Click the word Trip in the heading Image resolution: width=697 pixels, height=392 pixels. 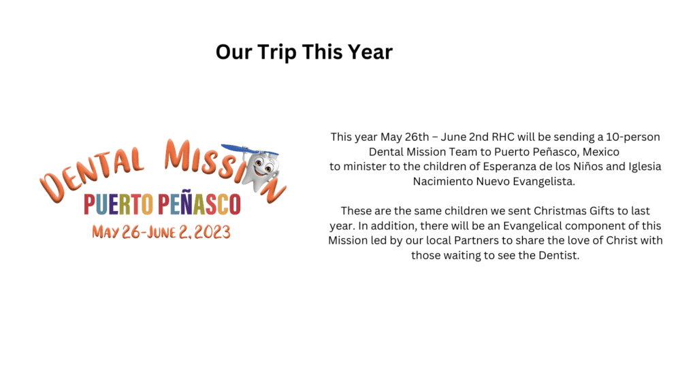click(x=277, y=52)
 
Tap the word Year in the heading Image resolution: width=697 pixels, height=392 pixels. click(x=370, y=52)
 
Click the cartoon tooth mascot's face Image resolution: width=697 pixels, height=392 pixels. click(x=263, y=168)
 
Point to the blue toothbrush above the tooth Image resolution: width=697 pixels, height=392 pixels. click(x=249, y=149)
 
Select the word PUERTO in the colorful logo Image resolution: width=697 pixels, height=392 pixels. click(x=118, y=204)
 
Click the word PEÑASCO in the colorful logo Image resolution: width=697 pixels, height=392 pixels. click(x=199, y=203)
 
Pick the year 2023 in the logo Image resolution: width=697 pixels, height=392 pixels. click(x=212, y=232)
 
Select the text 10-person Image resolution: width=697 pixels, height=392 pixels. click(x=633, y=137)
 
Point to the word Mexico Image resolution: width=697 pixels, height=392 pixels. click(x=601, y=152)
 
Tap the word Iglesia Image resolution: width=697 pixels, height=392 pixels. click(x=645, y=167)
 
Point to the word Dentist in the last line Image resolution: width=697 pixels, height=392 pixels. click(x=559, y=256)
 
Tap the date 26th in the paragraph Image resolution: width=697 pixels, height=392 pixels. click(x=417, y=137)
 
